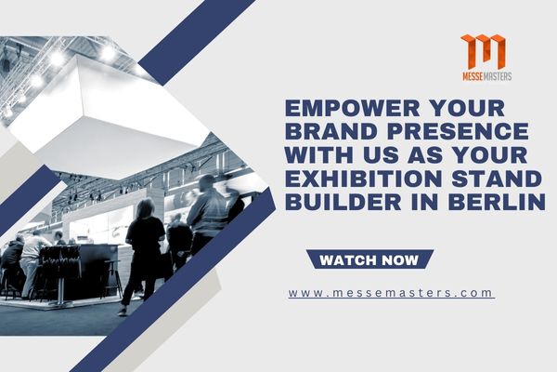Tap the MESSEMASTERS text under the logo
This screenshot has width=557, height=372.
pos(483,75)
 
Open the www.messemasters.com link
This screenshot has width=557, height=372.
pos(390,292)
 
